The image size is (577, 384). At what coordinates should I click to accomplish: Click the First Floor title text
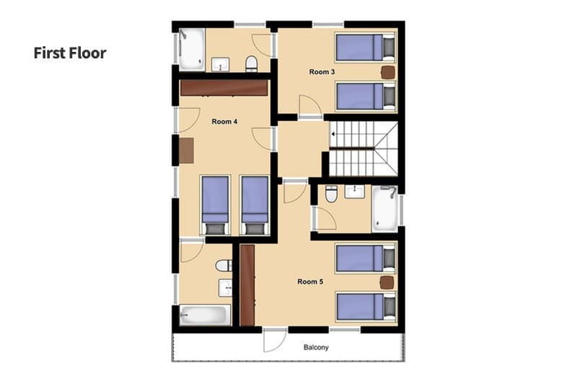tap(69, 53)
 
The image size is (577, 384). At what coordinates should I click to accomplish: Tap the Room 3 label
tap(322, 72)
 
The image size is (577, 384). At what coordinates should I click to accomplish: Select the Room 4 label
tap(224, 122)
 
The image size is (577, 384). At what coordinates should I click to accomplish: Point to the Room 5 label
tap(310, 282)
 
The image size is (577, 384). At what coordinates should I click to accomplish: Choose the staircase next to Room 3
tap(363, 148)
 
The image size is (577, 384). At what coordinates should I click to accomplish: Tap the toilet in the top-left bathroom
tap(251, 64)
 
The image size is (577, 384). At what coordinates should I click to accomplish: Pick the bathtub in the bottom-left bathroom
tap(204, 316)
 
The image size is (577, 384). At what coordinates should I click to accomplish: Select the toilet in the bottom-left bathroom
tap(224, 266)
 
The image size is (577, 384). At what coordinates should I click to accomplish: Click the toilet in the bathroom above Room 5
tap(331, 193)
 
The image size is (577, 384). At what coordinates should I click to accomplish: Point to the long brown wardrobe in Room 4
tap(224, 88)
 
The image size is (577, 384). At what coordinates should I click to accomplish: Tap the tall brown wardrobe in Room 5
tap(247, 285)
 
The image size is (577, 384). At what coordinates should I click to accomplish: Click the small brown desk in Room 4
tap(186, 151)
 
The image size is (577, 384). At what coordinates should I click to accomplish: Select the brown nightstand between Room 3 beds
tap(389, 72)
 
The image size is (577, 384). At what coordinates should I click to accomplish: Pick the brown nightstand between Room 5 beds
tap(388, 282)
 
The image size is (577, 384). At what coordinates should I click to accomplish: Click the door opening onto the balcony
tap(274, 339)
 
